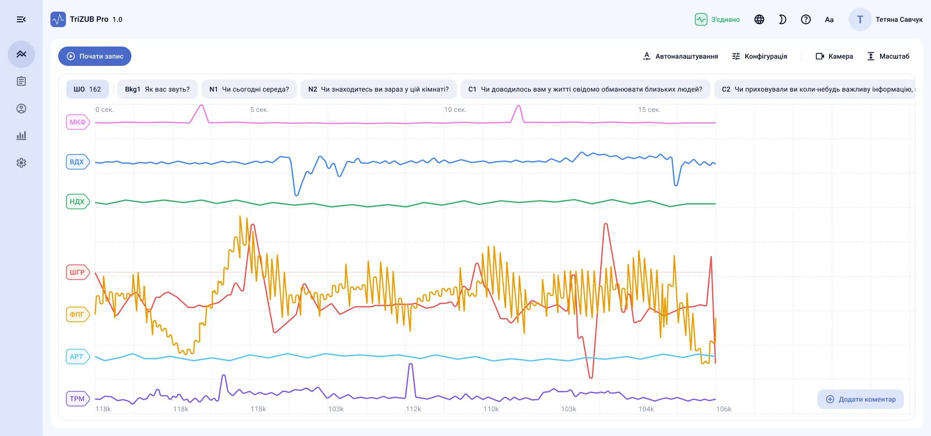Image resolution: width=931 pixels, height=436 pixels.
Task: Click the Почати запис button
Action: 95,56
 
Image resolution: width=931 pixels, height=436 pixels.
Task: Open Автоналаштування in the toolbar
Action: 680,56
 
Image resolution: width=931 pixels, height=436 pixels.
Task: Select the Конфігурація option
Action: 759,56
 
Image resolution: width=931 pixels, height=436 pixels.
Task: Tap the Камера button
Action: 834,56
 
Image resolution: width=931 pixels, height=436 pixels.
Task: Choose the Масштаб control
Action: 888,56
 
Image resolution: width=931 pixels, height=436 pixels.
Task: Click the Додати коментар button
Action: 861,399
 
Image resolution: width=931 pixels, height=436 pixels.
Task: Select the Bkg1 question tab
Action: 157,89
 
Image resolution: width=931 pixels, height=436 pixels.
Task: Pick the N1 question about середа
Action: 249,89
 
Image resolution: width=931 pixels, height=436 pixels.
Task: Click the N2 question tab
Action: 379,89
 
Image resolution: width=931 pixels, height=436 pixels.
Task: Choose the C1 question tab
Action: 585,89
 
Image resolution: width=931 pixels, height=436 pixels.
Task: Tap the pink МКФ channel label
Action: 78,122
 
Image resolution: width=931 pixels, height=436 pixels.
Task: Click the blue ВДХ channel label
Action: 78,162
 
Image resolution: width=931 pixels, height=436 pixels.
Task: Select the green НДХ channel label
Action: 78,202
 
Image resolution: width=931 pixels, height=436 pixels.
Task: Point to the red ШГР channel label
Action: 78,272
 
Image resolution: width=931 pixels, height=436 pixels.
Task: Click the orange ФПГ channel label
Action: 78,314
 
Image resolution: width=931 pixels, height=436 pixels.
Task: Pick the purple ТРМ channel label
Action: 78,399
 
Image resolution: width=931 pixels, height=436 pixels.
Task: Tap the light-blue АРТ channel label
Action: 78,357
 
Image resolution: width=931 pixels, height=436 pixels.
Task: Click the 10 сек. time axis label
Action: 455,110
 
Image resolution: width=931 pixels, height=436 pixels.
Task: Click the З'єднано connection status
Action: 717,19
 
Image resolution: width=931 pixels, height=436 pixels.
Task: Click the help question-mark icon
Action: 806,19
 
